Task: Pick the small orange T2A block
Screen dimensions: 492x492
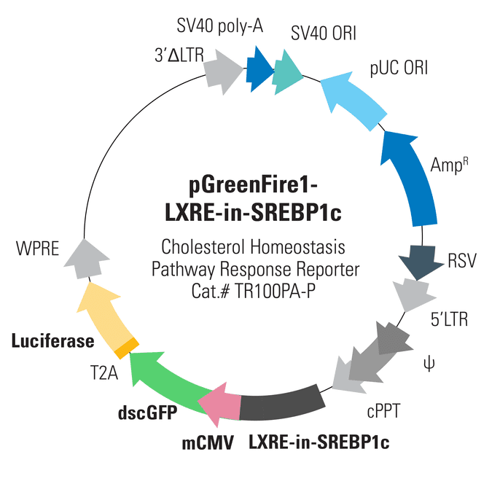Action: click(129, 345)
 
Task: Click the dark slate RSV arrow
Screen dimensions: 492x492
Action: click(420, 263)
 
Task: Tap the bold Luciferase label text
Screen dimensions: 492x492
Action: click(52, 340)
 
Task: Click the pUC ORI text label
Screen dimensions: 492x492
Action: click(398, 69)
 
